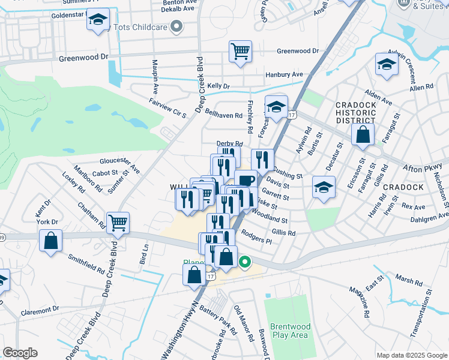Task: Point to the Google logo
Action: coord(20,353)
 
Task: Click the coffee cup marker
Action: coord(246,180)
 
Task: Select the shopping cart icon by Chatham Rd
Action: coord(118,222)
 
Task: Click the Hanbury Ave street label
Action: coord(285,74)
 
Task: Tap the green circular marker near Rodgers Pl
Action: coord(244,262)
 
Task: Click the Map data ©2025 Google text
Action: coord(412,355)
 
